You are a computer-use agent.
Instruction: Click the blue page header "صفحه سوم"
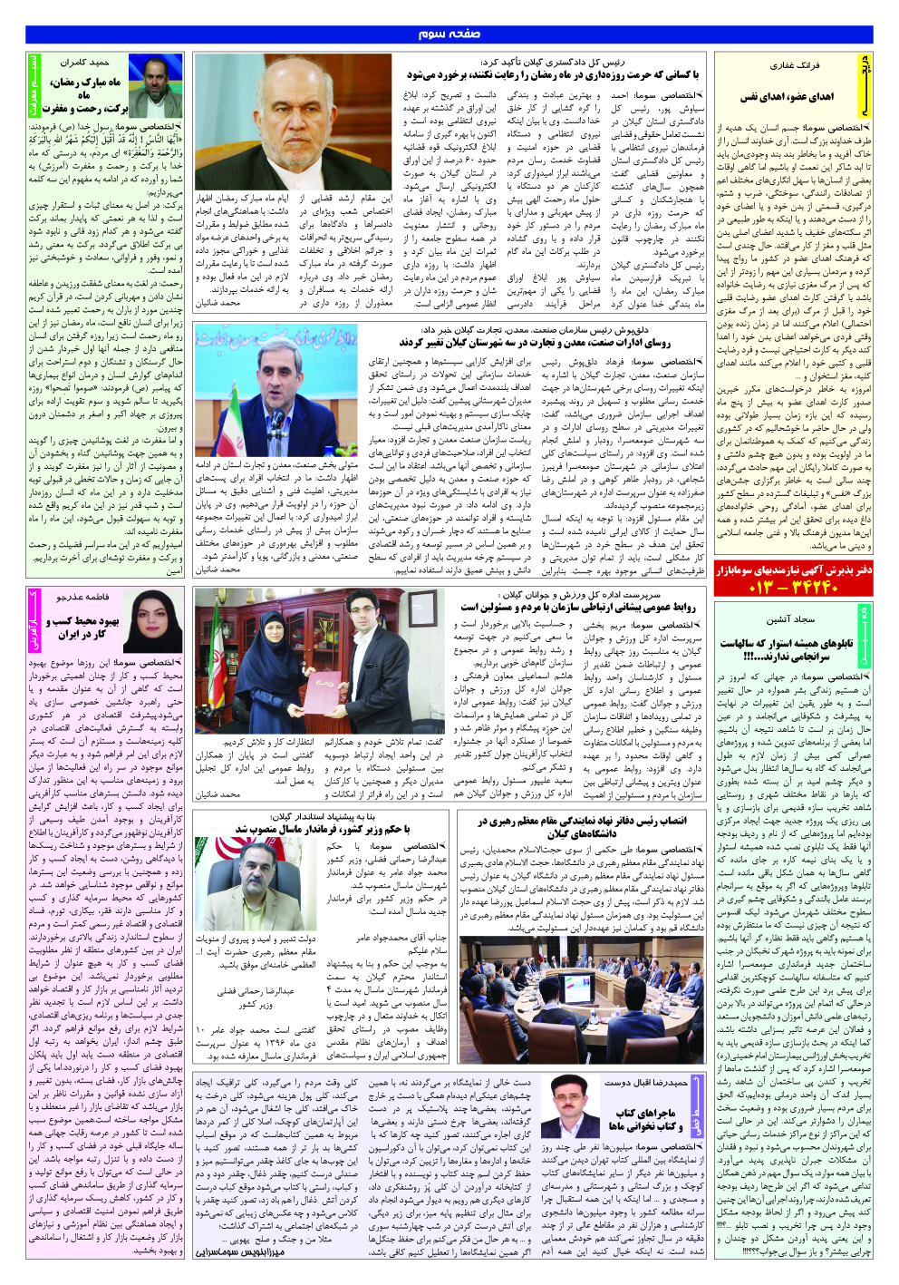point(449,34)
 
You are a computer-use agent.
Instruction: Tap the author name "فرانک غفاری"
point(794,65)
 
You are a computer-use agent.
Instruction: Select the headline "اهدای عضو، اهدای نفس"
point(787,97)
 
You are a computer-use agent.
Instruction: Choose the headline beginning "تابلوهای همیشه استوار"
point(786,648)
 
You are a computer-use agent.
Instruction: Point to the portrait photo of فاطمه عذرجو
point(152,623)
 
